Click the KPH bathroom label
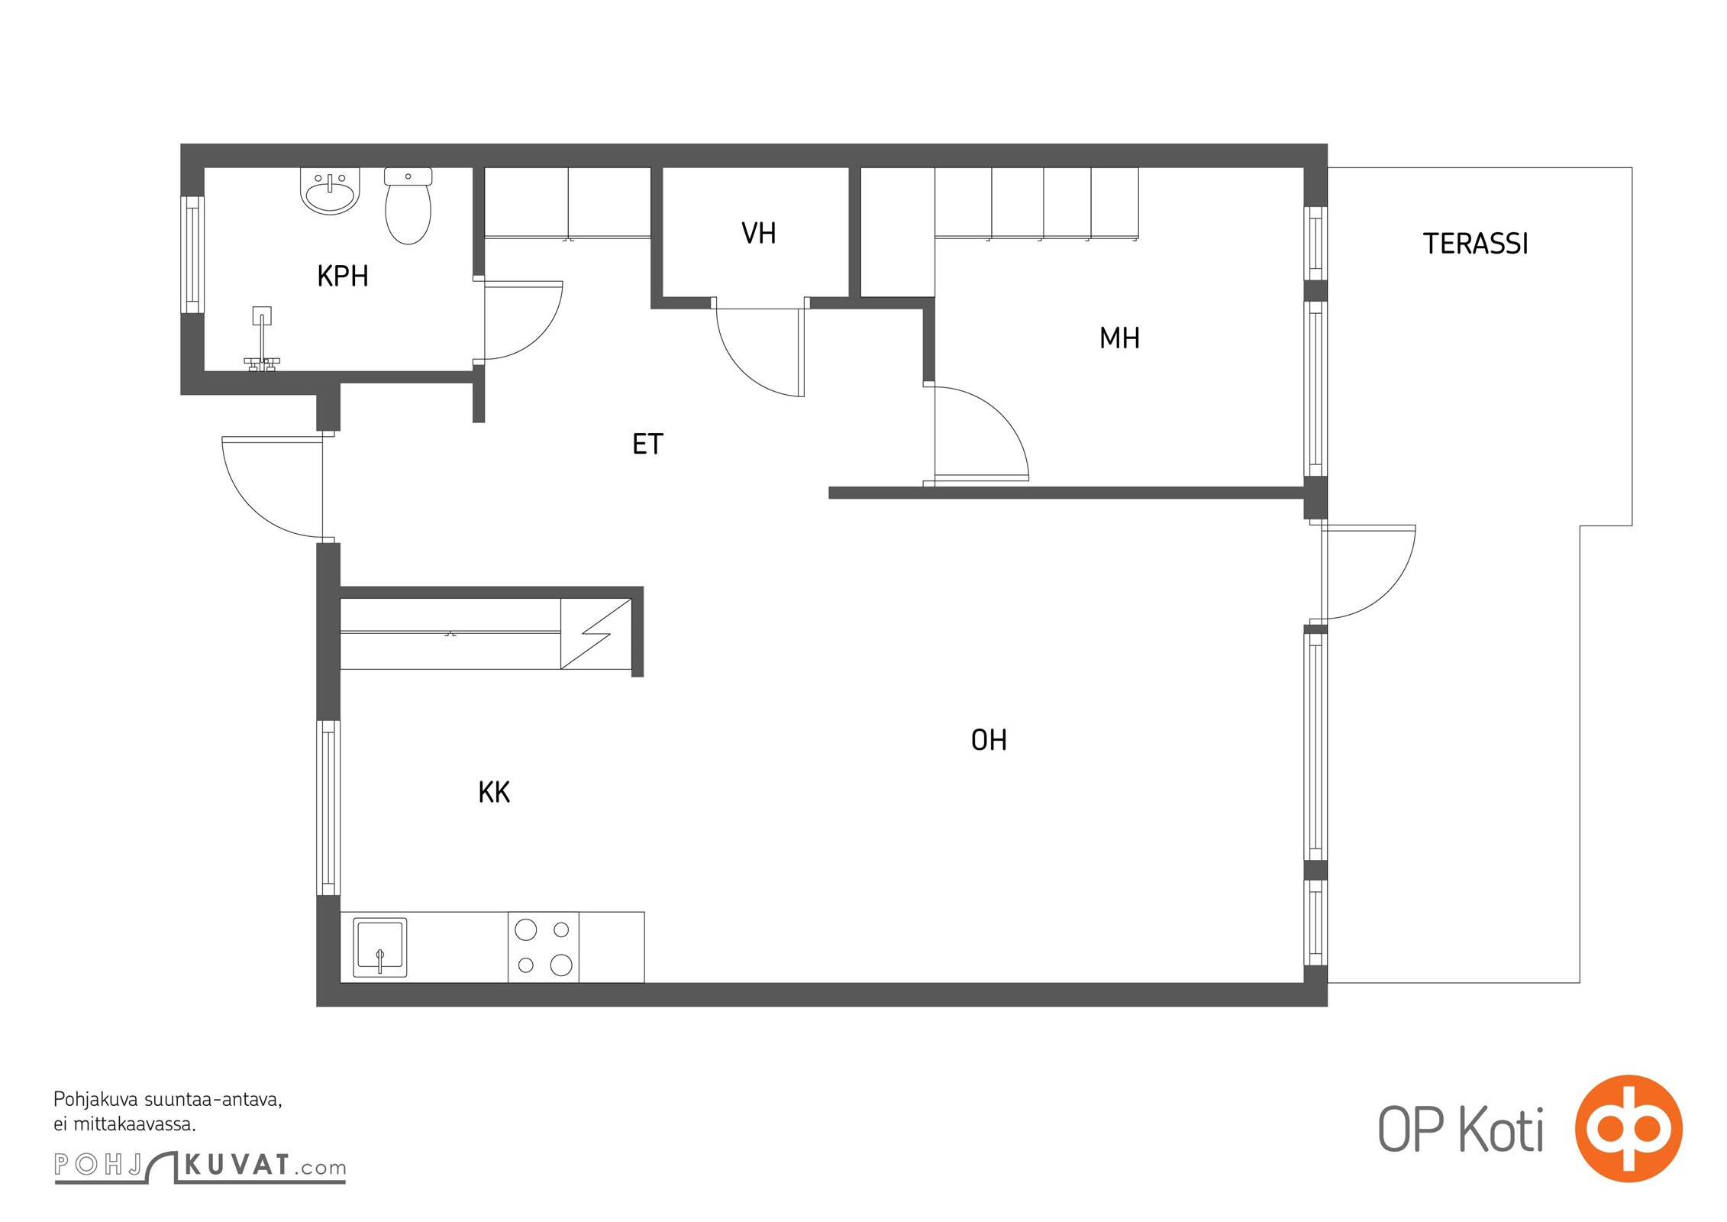pyautogui.click(x=343, y=276)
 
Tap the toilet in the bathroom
pyautogui.click(x=408, y=205)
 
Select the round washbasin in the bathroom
pyautogui.click(x=330, y=191)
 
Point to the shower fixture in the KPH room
pyautogui.click(x=262, y=340)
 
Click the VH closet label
pyautogui.click(x=759, y=234)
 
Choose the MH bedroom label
pyautogui.click(x=1119, y=338)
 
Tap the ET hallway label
pyautogui.click(x=647, y=444)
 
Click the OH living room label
pyautogui.click(x=989, y=739)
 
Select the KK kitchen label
pyautogui.click(x=494, y=792)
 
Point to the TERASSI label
pyautogui.click(x=1475, y=244)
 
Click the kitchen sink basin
pyautogui.click(x=380, y=947)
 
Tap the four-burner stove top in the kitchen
pyautogui.click(x=544, y=947)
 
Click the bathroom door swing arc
pyautogui.click(x=541, y=337)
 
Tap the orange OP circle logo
pyautogui.click(x=1629, y=1128)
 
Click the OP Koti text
pyautogui.click(x=1461, y=1130)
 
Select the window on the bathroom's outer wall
pyautogui.click(x=192, y=255)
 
